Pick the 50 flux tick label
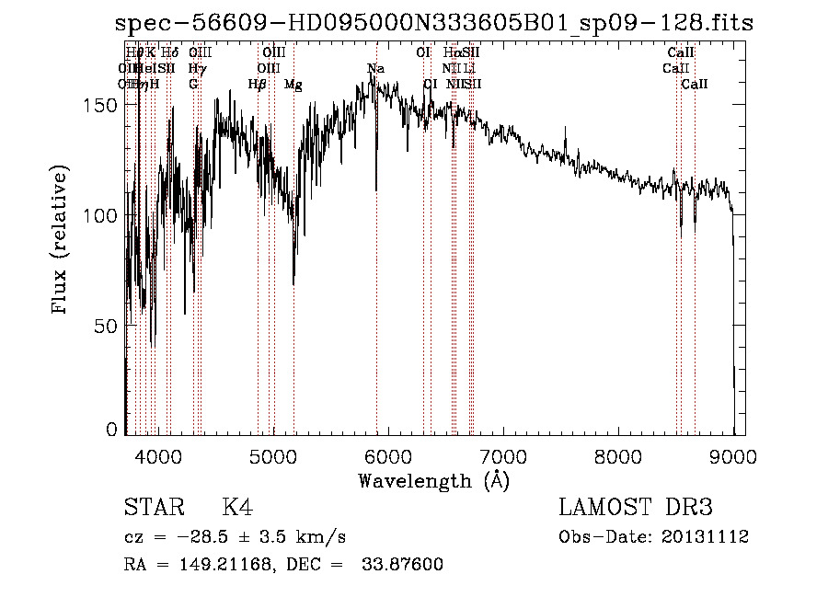coord(109,326)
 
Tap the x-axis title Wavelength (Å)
coord(433,480)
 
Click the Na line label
coord(375,69)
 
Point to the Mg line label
coord(293,85)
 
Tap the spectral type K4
coord(237,508)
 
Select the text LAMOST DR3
coord(636,508)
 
